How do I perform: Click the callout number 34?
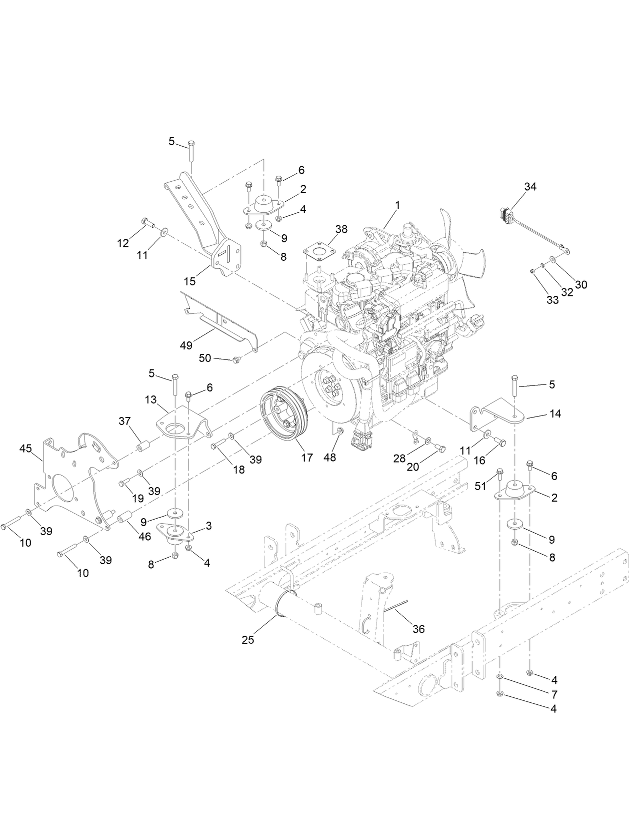coord(530,187)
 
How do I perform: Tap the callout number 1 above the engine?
coord(397,205)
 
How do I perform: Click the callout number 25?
coord(248,640)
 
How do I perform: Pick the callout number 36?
coord(418,629)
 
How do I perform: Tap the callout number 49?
coord(186,345)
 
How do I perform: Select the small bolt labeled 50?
coord(237,359)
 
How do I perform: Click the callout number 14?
coord(554,414)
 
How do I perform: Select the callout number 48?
coord(330,457)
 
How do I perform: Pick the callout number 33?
coord(552,300)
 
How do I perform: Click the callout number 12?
coord(123,243)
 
